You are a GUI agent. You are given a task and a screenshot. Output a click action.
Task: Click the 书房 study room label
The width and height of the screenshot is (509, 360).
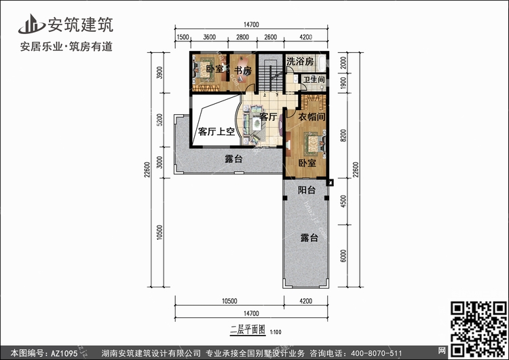click(x=243, y=70)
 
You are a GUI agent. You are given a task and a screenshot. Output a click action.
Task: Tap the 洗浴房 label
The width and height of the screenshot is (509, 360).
click(x=300, y=61)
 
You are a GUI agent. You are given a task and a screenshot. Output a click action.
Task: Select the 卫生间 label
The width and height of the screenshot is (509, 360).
click(x=314, y=79)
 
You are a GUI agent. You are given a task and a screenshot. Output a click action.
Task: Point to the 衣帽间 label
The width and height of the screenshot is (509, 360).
click(x=312, y=117)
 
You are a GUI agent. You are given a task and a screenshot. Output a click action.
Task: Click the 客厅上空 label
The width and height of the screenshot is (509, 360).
click(x=216, y=132)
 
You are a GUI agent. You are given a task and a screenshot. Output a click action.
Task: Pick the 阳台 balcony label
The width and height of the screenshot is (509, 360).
click(x=307, y=190)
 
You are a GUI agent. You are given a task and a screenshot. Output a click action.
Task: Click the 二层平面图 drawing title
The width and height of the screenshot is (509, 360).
click(x=248, y=330)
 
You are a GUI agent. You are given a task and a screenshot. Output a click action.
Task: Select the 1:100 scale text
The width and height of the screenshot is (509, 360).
click(x=276, y=332)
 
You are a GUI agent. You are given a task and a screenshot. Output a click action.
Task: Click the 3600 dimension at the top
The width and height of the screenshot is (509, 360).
click(x=210, y=37)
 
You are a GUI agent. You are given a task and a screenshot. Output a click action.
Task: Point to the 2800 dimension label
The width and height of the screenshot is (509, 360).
click(x=242, y=37)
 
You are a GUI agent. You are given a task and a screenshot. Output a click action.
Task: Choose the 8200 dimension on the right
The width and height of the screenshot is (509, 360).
click(x=343, y=136)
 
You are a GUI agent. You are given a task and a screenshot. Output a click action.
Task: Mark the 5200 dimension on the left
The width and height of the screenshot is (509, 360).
click(x=159, y=120)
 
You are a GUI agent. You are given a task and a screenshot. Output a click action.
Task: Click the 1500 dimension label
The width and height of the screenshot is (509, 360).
click(x=183, y=37)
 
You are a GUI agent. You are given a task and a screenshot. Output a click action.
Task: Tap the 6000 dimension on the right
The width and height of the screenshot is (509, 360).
click(x=343, y=256)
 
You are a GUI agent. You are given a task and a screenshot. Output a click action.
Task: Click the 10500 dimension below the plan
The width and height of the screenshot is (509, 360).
click(x=229, y=301)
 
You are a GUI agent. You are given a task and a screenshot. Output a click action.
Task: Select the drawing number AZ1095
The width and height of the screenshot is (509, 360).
click(x=64, y=353)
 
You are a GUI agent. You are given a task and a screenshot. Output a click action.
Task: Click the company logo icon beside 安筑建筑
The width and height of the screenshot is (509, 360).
click(x=31, y=24)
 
